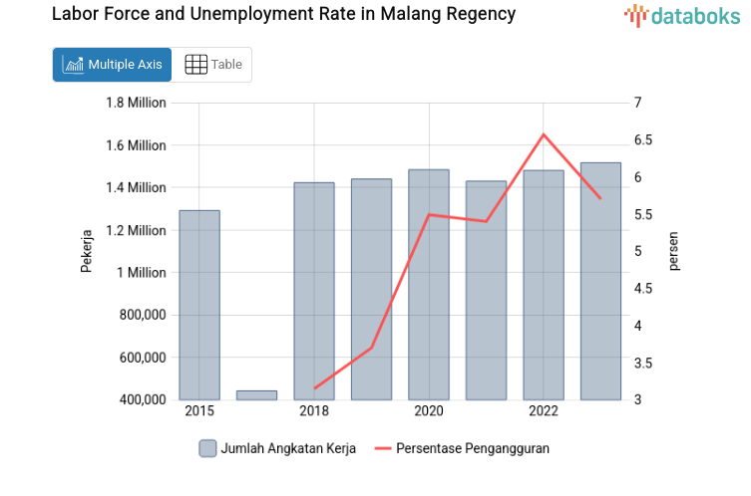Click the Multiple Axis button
112,65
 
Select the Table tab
213,65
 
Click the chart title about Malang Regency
283,15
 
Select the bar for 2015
199,305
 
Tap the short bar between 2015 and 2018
256,395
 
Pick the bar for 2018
314,291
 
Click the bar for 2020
429,285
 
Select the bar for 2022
544,285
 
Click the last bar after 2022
600,281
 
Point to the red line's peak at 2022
544,134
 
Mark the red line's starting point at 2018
314,387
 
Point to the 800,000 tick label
140,315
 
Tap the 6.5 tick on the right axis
642,139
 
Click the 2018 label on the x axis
314,411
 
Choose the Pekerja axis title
87,251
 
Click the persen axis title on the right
673,251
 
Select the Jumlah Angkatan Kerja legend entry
277,448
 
